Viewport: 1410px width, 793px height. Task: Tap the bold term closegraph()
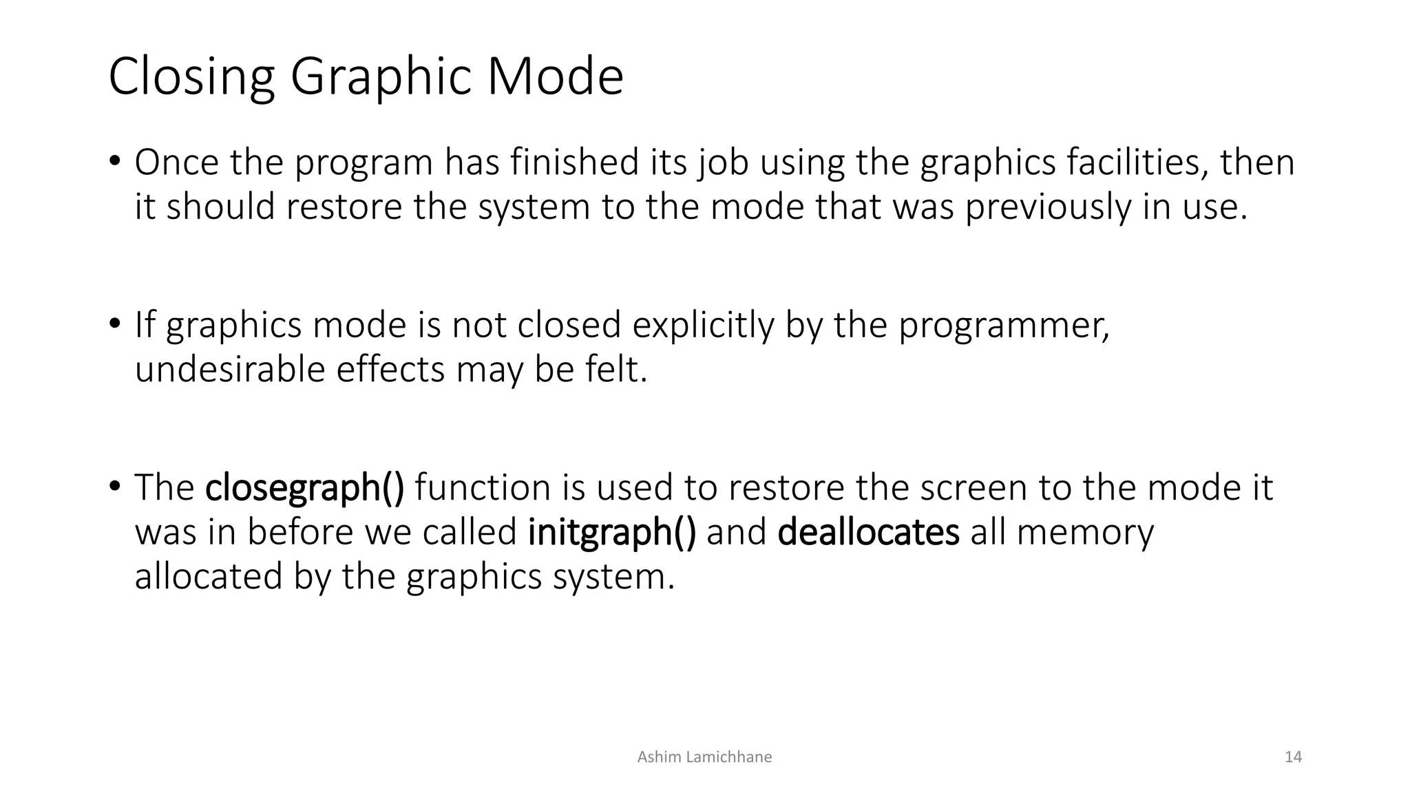[x=305, y=487]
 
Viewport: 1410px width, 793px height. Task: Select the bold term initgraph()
[x=612, y=532]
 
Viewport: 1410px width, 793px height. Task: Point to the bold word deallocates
[x=868, y=532]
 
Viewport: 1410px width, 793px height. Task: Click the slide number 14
[x=1293, y=757]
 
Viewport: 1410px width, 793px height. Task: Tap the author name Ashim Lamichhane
[x=704, y=757]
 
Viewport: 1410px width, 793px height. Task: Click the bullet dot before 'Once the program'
[x=114, y=161]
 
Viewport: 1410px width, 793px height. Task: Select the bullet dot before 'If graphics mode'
[x=114, y=324]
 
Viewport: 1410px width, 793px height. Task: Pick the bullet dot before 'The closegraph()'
[x=114, y=486]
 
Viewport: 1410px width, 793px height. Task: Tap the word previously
[x=1047, y=207]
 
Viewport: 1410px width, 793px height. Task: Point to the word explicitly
[x=703, y=325]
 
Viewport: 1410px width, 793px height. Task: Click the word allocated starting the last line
[x=209, y=576]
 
